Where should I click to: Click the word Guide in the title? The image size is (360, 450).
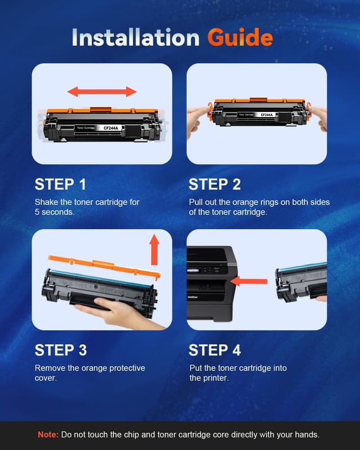point(240,37)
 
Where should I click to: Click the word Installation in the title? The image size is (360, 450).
point(136,37)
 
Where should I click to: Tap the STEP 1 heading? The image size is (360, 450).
point(60,184)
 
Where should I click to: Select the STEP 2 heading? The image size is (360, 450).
point(215,184)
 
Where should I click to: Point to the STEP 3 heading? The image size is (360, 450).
point(61,350)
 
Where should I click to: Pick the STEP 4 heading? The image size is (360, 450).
point(215,350)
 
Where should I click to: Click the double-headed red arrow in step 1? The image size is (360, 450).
point(102,92)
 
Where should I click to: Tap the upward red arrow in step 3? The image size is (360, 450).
point(154,250)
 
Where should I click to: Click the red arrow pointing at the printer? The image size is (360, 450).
point(249,281)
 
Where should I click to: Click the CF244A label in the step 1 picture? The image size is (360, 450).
point(111,128)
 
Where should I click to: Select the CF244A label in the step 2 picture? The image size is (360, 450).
point(267,115)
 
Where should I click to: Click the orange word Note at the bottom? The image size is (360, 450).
point(48,434)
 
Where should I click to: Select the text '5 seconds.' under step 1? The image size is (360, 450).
point(55,212)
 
